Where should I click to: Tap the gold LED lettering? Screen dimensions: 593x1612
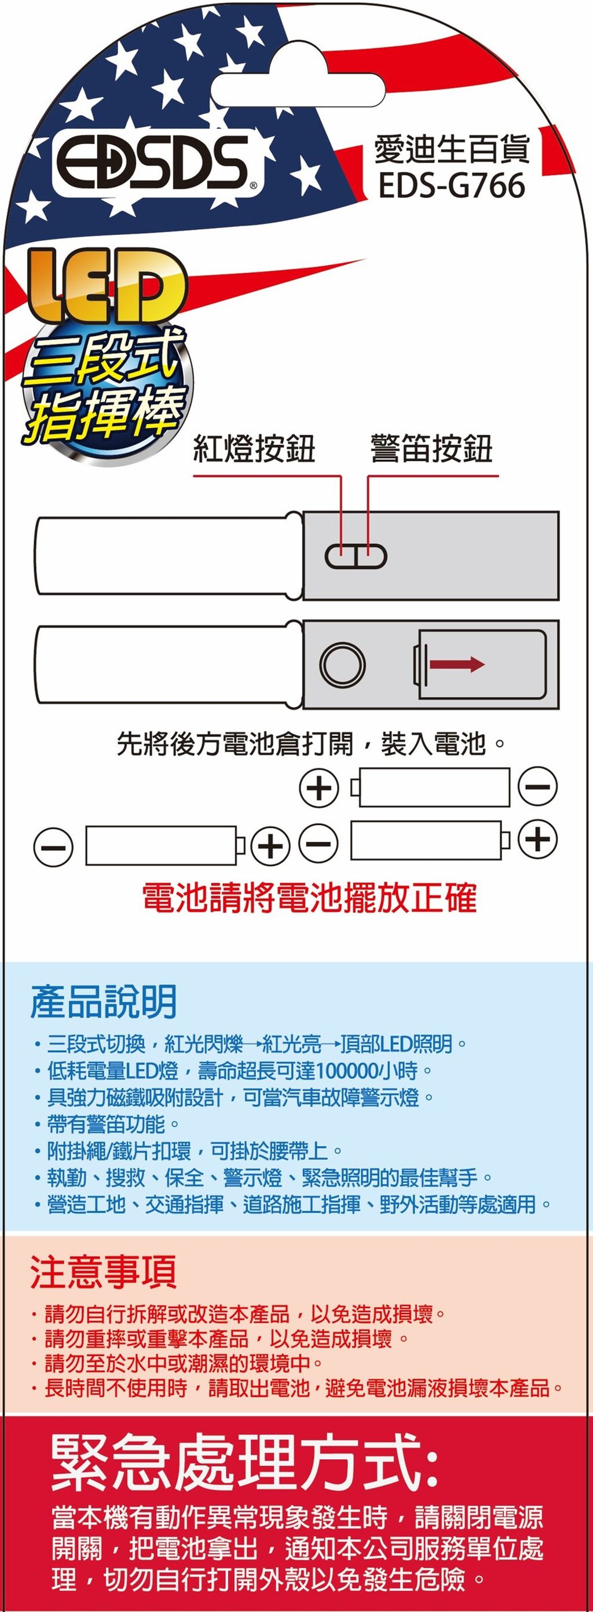106,286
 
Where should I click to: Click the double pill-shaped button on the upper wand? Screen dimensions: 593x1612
356,555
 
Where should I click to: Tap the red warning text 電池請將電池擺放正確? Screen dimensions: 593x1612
309,898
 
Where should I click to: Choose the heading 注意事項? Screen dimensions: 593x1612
104,1272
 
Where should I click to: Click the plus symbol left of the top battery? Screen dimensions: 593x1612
319,787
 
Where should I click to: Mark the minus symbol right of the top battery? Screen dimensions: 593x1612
537,787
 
